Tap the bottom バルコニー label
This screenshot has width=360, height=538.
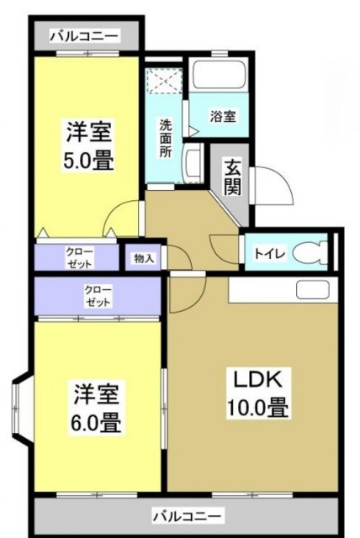(187, 514)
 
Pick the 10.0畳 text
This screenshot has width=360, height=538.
(257, 410)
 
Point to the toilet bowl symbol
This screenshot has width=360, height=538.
(309, 251)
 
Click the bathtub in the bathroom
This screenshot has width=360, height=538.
(217, 77)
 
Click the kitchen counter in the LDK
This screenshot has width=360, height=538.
(283, 290)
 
